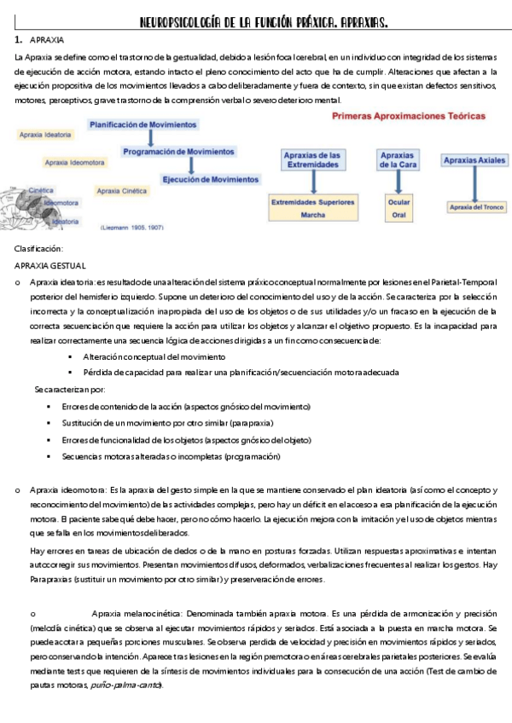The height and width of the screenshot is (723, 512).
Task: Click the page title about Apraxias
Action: coord(257,20)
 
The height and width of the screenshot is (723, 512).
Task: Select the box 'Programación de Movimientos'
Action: coord(177,152)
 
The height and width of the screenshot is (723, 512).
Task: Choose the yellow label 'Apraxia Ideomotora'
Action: coord(75,161)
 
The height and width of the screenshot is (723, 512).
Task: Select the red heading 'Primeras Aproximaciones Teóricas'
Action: coord(408,114)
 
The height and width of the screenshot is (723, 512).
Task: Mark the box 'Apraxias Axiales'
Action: coord(474,159)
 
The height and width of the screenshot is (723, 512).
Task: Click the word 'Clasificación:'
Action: coord(39,248)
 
